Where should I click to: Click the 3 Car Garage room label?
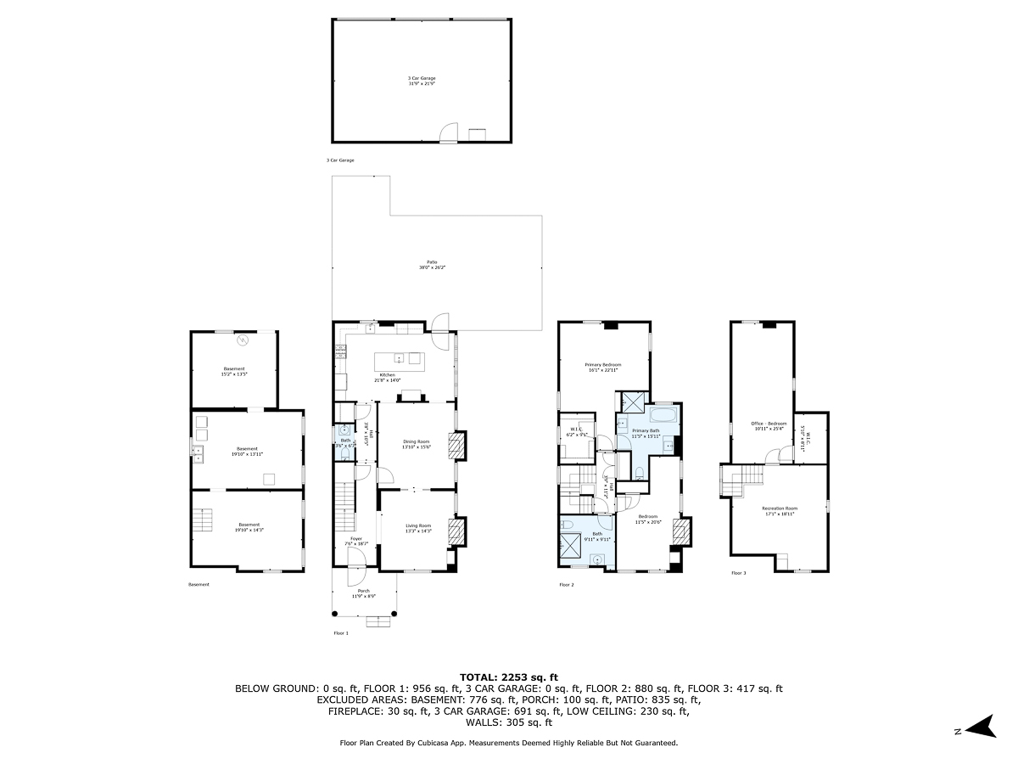[422, 78]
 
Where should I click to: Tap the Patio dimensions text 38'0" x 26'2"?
[432, 267]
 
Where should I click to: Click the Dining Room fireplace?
[456, 447]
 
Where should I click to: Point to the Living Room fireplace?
[456, 531]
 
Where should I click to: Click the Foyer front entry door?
[358, 558]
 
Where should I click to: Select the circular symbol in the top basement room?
[243, 340]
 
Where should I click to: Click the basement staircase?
[202, 520]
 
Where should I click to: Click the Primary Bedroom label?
[603, 364]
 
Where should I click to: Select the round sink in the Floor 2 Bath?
[600, 559]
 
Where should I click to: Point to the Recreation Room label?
[779, 508]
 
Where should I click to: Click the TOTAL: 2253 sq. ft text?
[509, 677]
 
